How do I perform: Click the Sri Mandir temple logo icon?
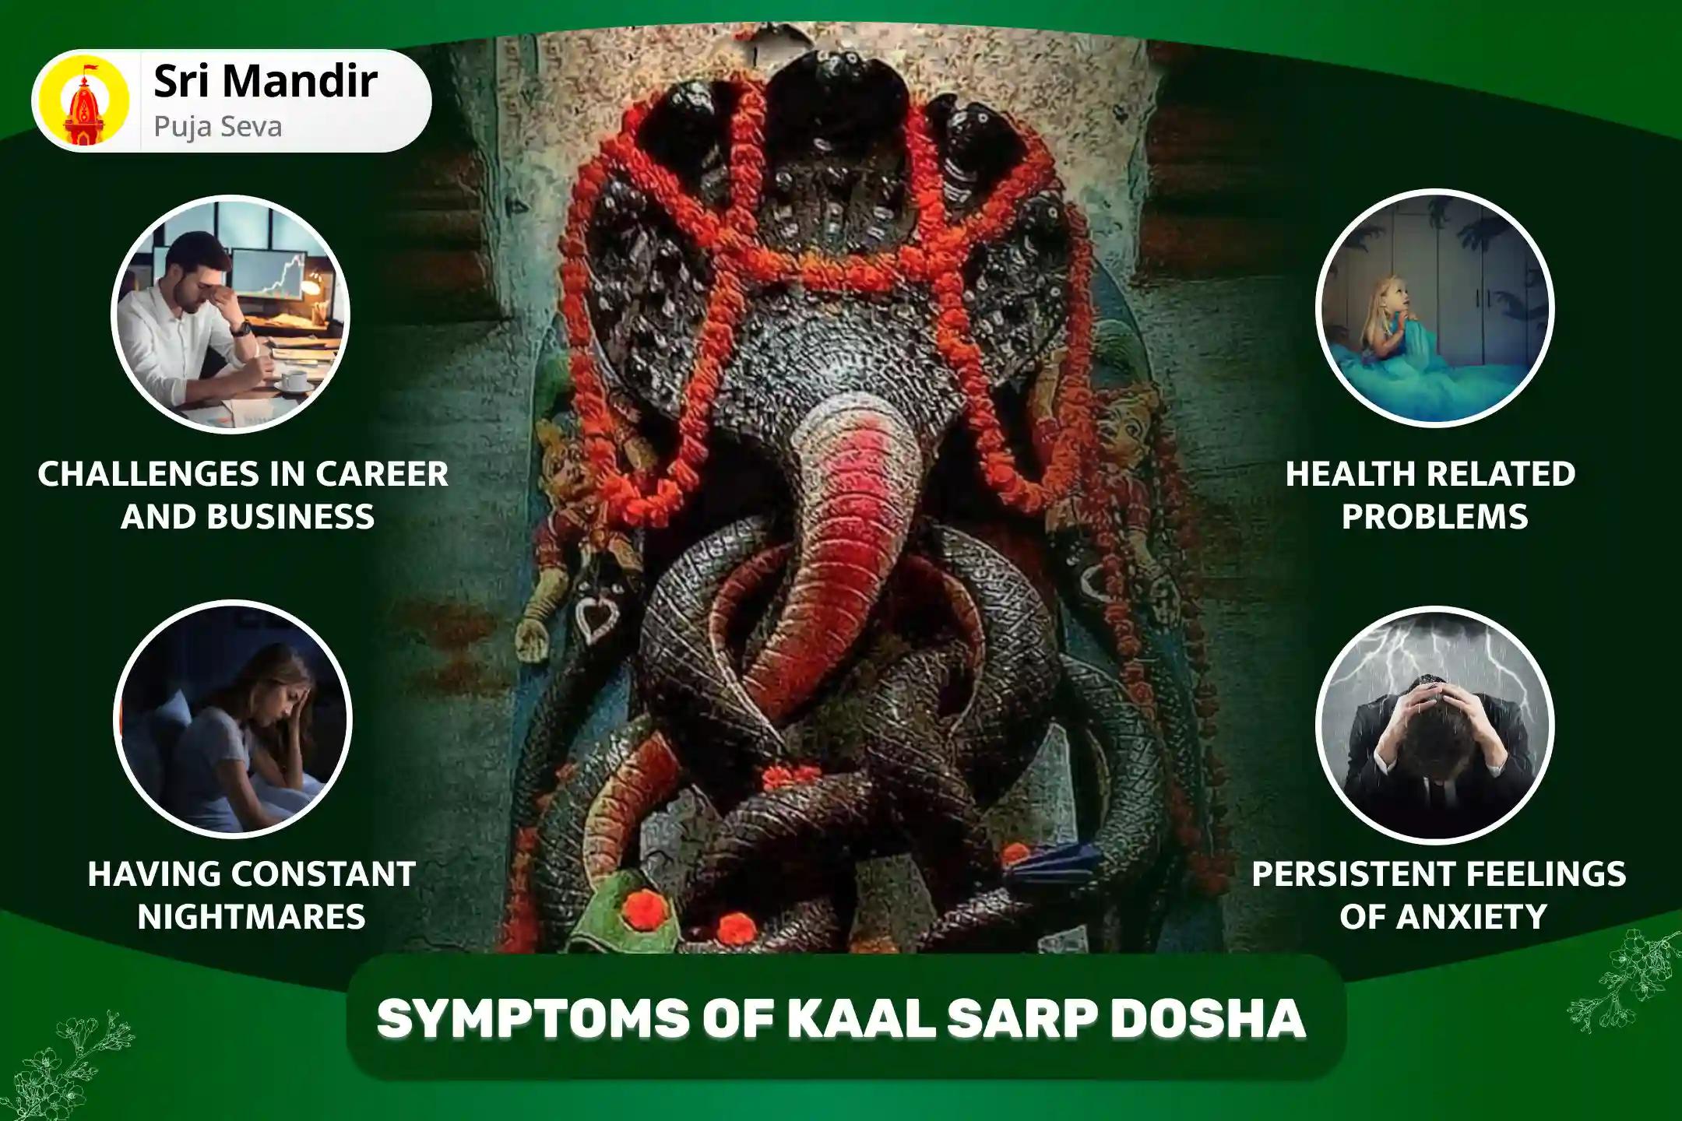[84, 100]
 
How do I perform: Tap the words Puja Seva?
[217, 126]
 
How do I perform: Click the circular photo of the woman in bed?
[232, 718]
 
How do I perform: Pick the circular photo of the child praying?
[1434, 307]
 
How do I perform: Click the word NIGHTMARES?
[252, 916]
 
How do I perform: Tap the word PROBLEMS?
[1434, 517]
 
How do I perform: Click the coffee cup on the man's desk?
[294, 381]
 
